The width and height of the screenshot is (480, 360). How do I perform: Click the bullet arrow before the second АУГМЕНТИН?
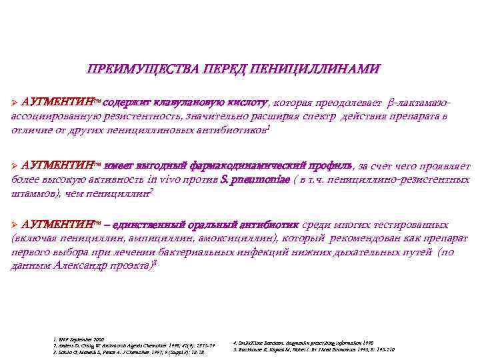click(15, 165)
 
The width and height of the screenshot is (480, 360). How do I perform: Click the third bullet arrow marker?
click(15, 225)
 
